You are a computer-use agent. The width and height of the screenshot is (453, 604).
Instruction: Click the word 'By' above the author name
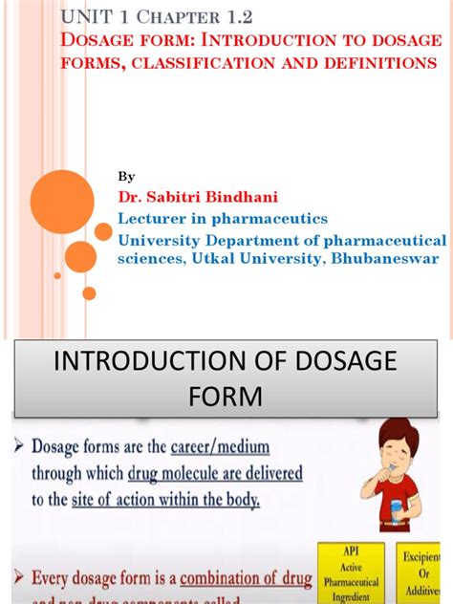pyautogui.click(x=126, y=176)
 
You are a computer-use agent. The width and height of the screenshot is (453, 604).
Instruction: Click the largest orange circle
pyautogui.click(x=62, y=201)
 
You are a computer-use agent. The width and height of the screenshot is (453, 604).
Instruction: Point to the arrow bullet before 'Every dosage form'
pyautogui.click(x=20, y=576)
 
